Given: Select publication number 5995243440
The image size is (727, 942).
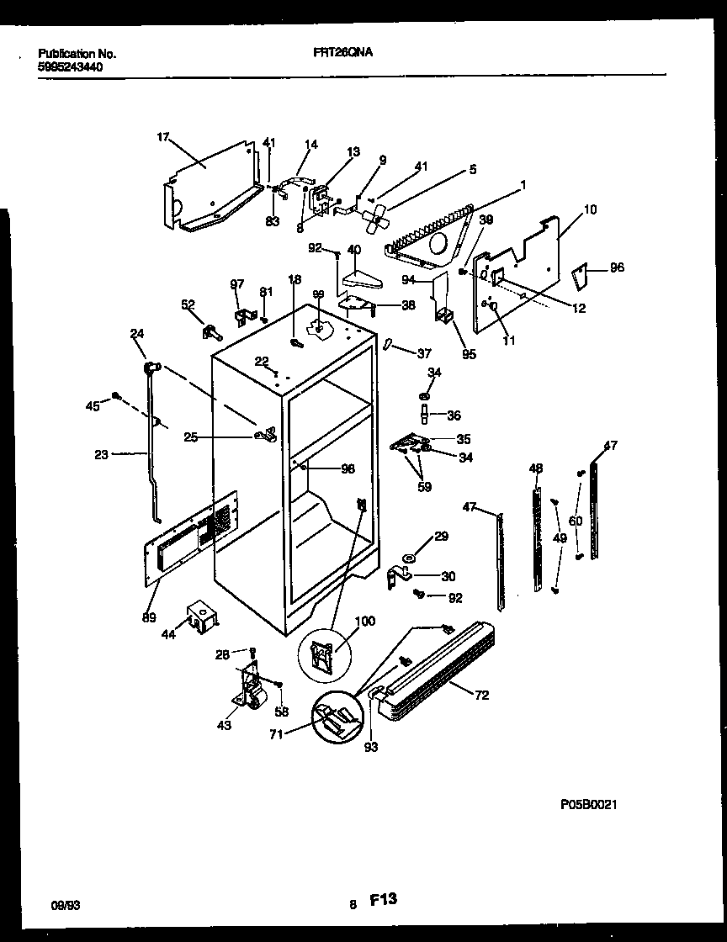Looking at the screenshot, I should click(72, 66).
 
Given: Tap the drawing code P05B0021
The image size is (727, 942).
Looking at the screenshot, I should click(589, 805).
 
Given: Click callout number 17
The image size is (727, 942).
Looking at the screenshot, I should click(162, 137).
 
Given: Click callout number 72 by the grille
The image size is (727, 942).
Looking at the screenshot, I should click(481, 696).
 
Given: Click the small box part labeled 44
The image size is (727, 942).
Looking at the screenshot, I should click(203, 617).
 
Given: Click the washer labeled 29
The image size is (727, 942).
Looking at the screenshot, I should click(409, 558).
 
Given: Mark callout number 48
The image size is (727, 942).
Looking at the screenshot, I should click(536, 468).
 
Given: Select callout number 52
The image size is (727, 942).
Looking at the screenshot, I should click(188, 305).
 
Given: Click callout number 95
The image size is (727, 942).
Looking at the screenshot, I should click(469, 354).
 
